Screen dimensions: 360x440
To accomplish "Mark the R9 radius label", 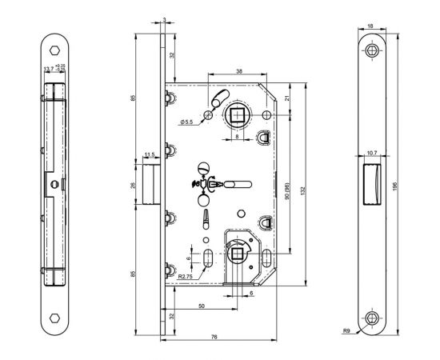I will tap(346, 328).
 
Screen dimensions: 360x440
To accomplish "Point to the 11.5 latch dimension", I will tap(149, 154).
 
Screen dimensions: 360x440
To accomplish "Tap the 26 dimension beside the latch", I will tap(133, 186).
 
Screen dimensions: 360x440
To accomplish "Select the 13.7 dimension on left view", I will tap(49, 69).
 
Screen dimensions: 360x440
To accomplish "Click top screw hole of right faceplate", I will tap(373, 50).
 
